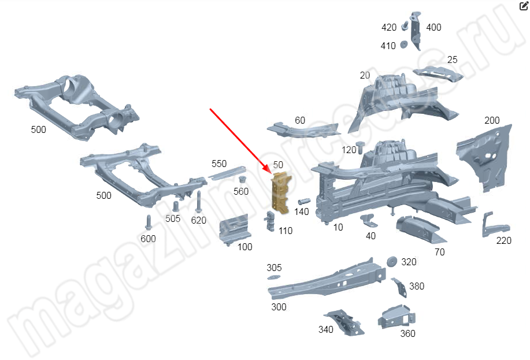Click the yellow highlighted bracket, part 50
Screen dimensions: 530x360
281,192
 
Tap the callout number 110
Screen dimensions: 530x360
286,231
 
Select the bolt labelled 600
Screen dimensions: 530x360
148,222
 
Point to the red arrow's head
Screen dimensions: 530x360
267,170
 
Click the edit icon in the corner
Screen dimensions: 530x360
523,6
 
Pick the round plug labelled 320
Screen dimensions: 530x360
392,261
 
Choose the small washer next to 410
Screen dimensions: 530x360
403,44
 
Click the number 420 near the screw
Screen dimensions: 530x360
389,27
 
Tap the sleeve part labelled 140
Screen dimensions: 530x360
303,201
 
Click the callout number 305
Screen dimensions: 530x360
274,268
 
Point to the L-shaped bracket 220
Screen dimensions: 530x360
494,226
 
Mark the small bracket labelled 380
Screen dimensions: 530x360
400,287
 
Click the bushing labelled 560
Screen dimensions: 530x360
242,180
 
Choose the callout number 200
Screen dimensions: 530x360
492,120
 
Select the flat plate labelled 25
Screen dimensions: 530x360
438,73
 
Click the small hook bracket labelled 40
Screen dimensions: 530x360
368,221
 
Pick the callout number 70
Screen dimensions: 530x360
439,252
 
